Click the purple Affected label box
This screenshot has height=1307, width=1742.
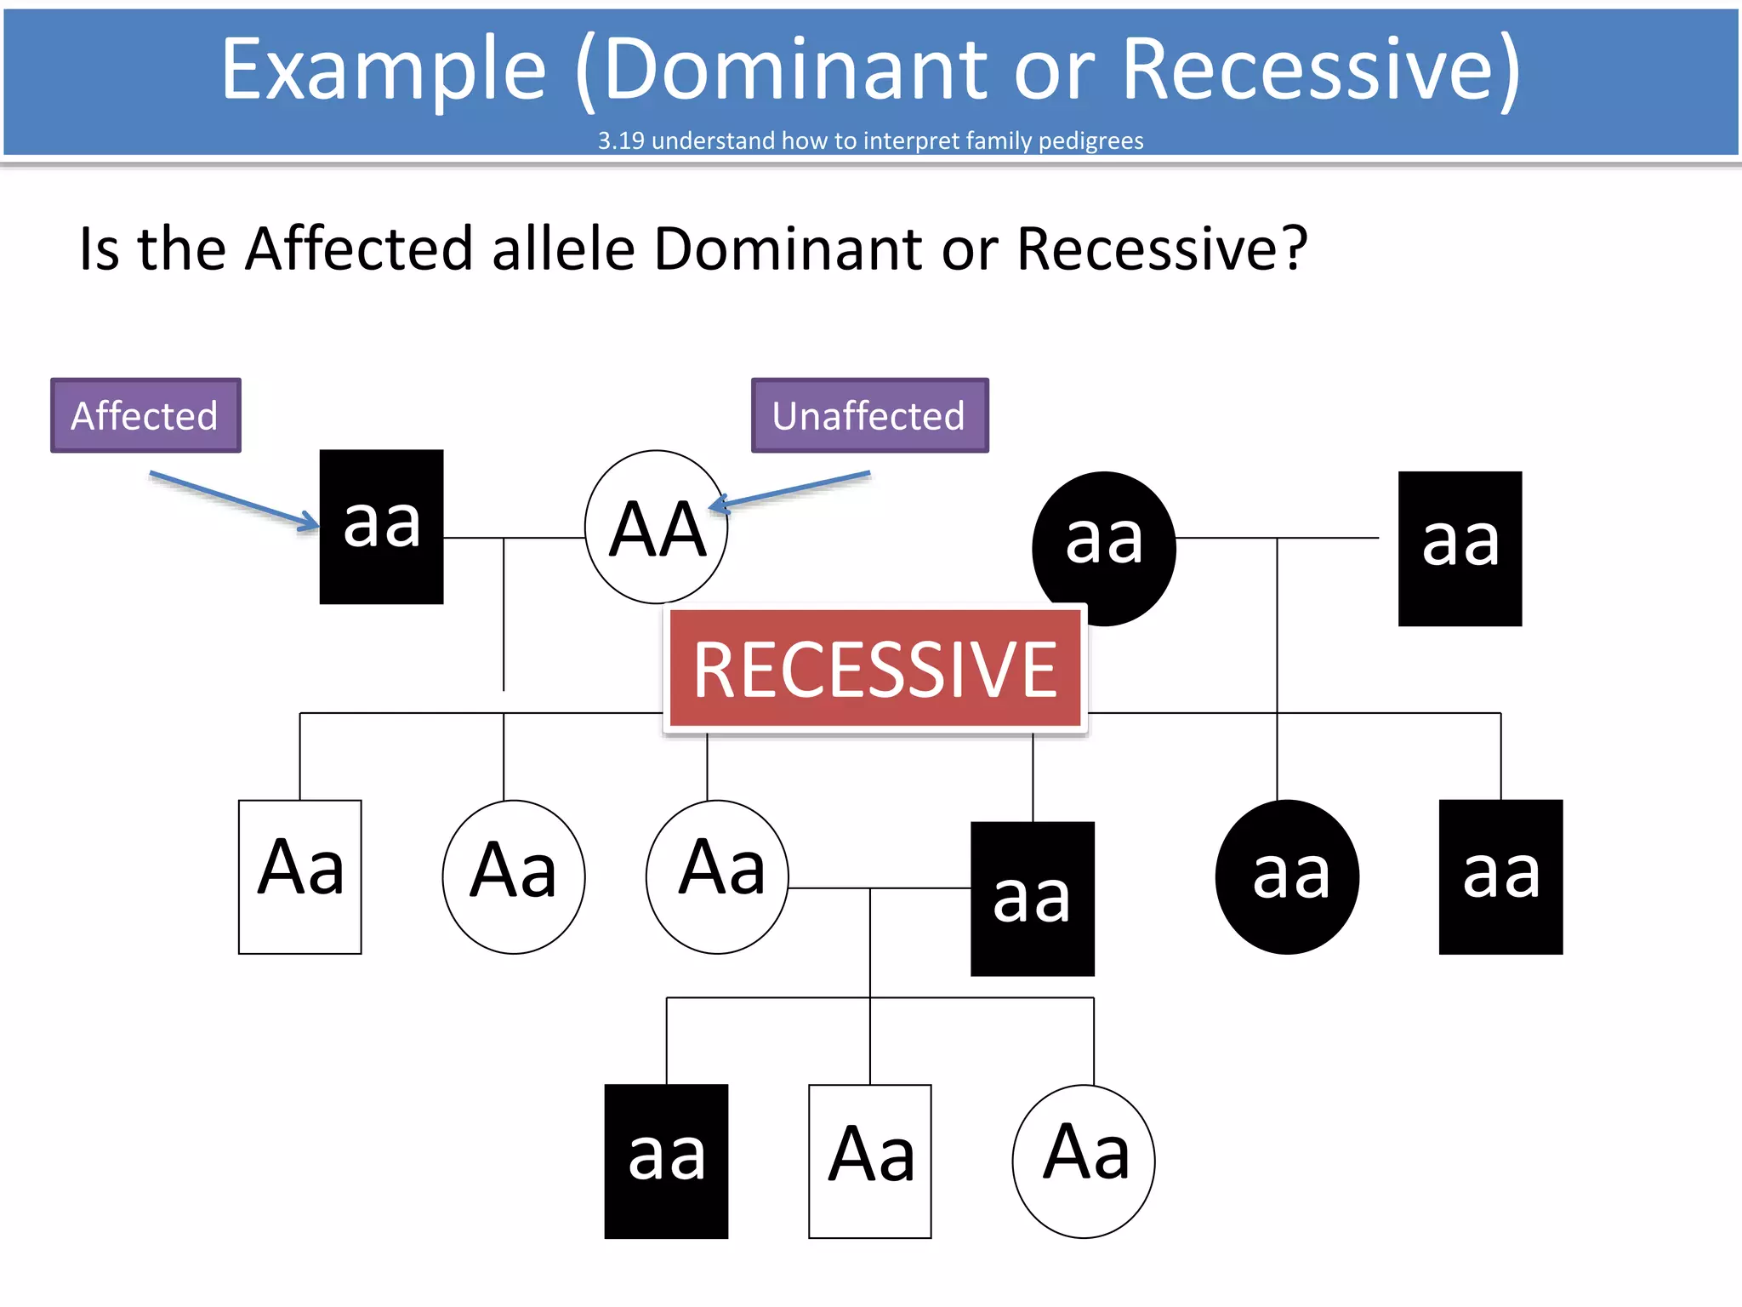[145, 415]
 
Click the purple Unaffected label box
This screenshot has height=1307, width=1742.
[869, 415]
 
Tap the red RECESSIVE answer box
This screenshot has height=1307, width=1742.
[874, 669]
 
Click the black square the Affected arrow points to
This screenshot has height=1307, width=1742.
[381, 527]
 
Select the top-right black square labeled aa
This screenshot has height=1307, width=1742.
[1460, 549]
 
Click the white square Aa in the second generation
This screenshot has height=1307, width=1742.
[300, 876]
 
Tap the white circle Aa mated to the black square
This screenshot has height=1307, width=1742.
[717, 876]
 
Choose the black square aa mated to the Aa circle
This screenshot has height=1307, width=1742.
[1032, 899]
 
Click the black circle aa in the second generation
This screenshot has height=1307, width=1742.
[1287, 876]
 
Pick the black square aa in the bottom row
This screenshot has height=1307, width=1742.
[666, 1161]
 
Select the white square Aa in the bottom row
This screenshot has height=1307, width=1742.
[869, 1161]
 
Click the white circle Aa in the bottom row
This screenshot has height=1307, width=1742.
[1083, 1161]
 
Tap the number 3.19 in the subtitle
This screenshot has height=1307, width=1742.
[621, 140]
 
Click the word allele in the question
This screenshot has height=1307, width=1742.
[563, 248]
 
